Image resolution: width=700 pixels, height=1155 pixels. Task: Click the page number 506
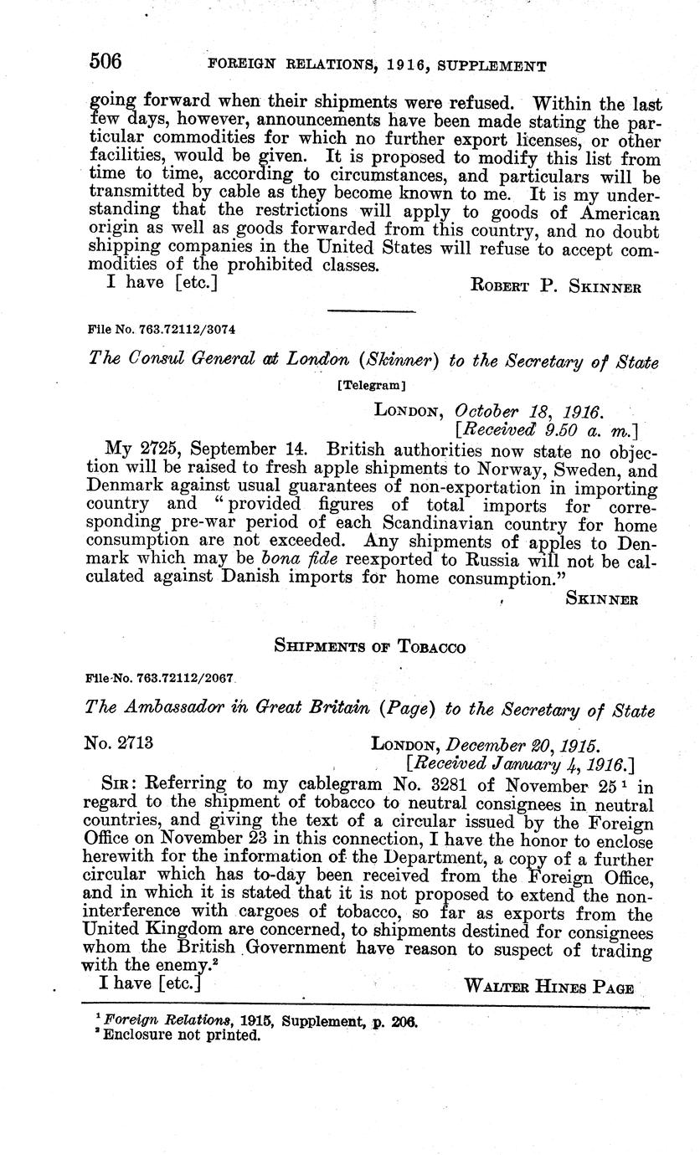coord(106,61)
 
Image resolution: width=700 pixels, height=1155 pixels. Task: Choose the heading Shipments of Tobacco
coord(369,646)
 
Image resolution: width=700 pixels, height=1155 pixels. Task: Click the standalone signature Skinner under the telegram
coord(603,598)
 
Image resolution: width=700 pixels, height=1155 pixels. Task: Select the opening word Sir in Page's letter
coord(118,785)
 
